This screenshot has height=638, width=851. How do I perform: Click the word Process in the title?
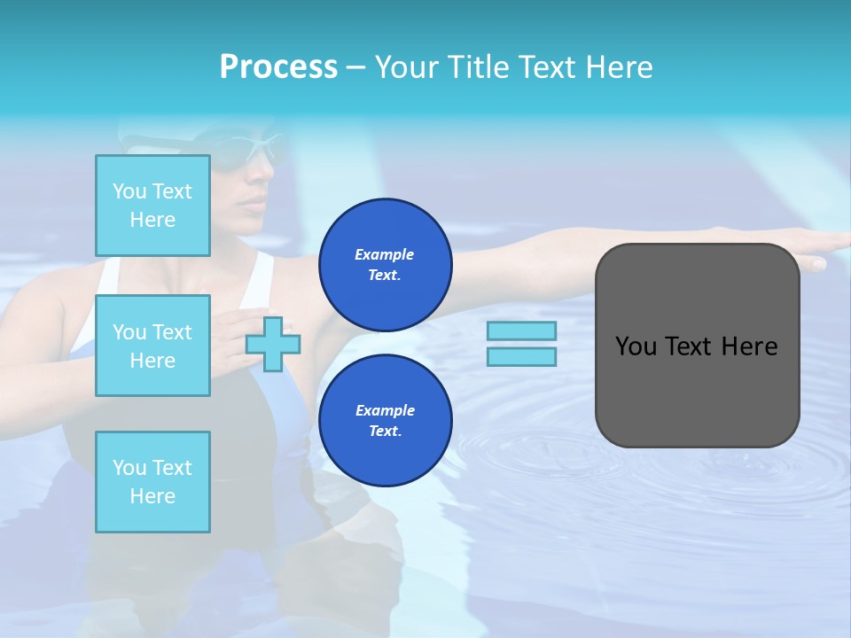[x=278, y=67]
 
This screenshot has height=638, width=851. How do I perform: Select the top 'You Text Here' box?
[x=152, y=206]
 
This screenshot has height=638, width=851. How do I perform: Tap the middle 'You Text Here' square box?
[x=152, y=346]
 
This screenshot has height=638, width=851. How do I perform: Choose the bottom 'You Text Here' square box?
[x=152, y=481]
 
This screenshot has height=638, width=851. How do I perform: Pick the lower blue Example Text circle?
[x=385, y=420]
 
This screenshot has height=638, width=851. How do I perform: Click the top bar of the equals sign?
[x=521, y=331]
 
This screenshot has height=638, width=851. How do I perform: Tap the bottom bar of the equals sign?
[x=521, y=356]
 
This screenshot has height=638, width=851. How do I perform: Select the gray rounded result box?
[x=697, y=346]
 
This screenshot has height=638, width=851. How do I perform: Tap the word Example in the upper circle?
[x=385, y=254]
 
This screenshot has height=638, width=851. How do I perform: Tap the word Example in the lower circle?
[x=385, y=410]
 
